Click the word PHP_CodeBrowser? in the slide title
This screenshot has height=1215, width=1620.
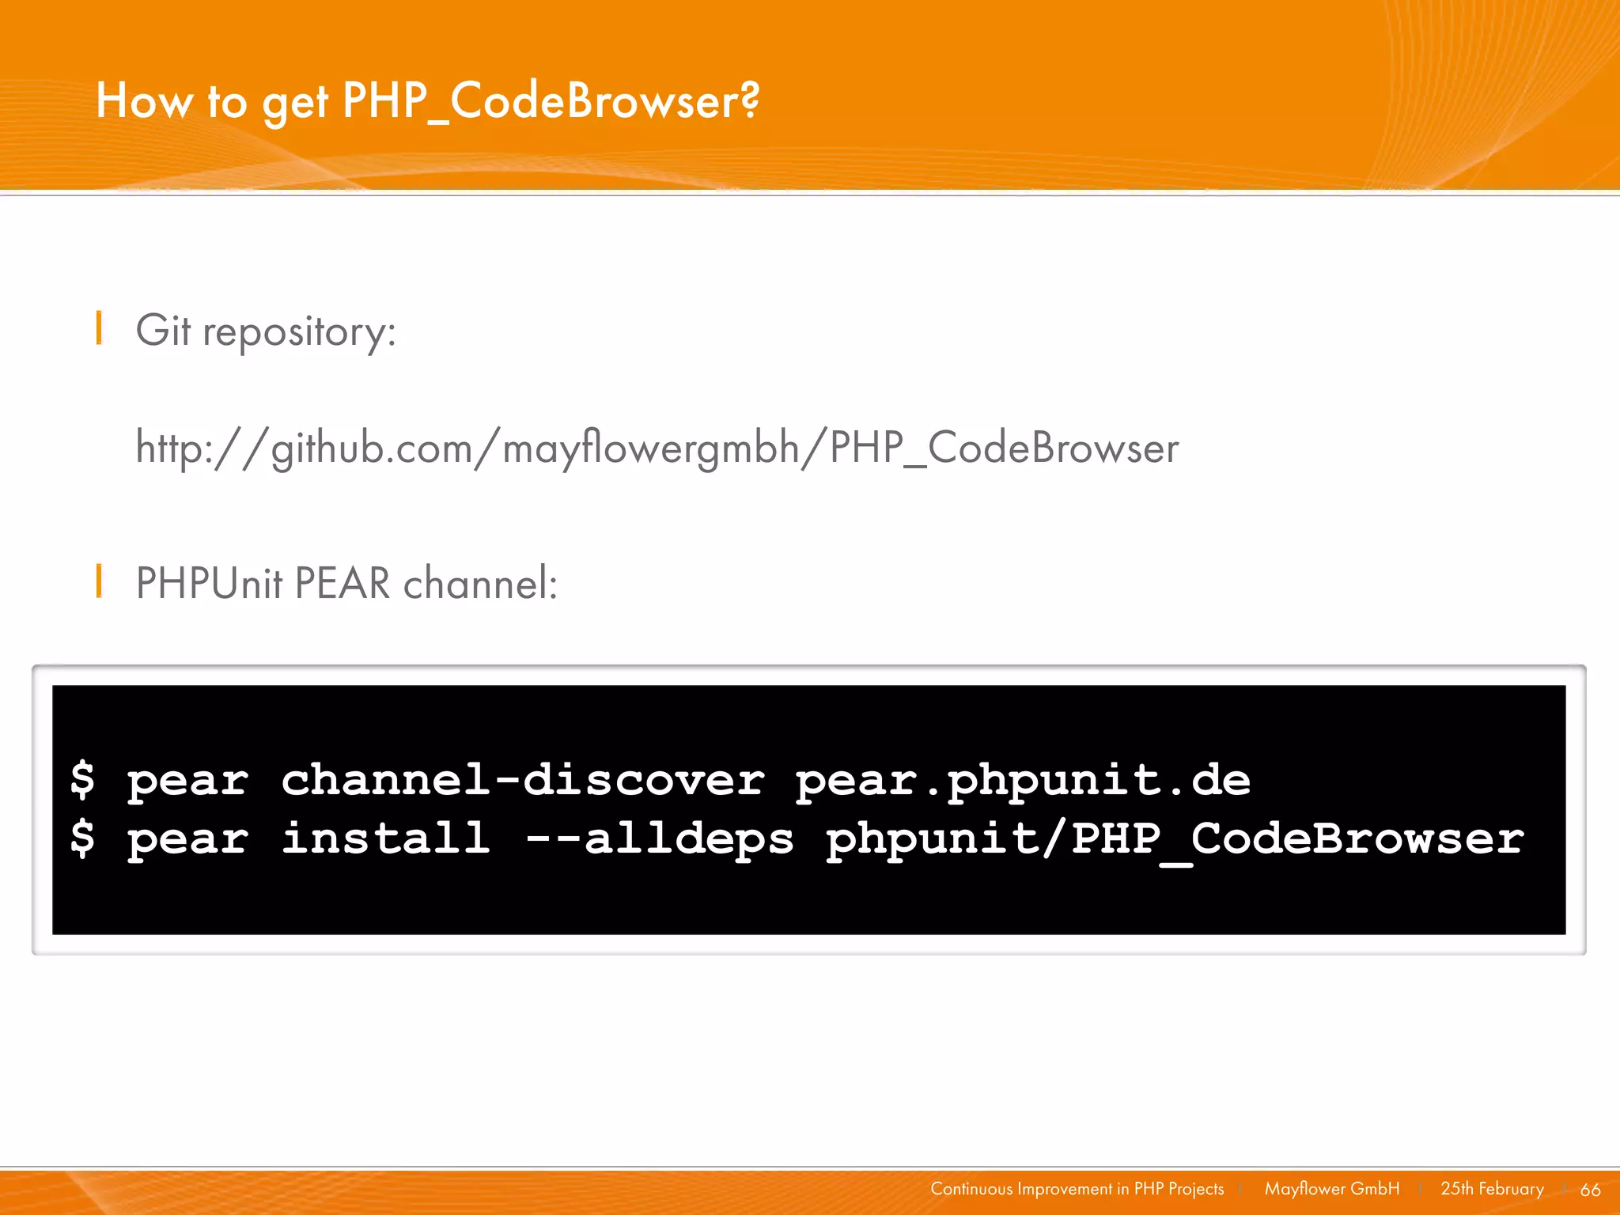pyautogui.click(x=551, y=102)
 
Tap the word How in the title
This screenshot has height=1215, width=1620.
pyautogui.click(x=143, y=102)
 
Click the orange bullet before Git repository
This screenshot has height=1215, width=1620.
pyautogui.click(x=99, y=328)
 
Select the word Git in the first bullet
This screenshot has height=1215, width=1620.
pyautogui.click(x=163, y=330)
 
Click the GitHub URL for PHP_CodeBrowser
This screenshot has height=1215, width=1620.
pyautogui.click(x=657, y=449)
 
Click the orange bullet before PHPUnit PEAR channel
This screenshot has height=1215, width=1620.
pyautogui.click(x=99, y=581)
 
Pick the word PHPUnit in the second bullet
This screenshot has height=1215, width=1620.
pyautogui.click(x=209, y=584)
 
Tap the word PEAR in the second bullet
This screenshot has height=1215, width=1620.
pyautogui.click(x=343, y=584)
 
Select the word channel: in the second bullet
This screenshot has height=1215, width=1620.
pyautogui.click(x=480, y=584)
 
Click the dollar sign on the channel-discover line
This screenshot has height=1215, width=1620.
pyautogui.click(x=82, y=779)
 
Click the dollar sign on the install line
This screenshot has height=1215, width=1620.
pyautogui.click(x=82, y=838)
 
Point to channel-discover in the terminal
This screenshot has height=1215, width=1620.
pyautogui.click(x=523, y=780)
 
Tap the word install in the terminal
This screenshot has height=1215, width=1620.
pyautogui.click(x=386, y=838)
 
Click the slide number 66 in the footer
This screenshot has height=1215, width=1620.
pyautogui.click(x=1590, y=1190)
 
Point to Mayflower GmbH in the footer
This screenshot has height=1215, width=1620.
pyautogui.click(x=1331, y=1189)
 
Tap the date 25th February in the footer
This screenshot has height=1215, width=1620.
pyautogui.click(x=1492, y=1189)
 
